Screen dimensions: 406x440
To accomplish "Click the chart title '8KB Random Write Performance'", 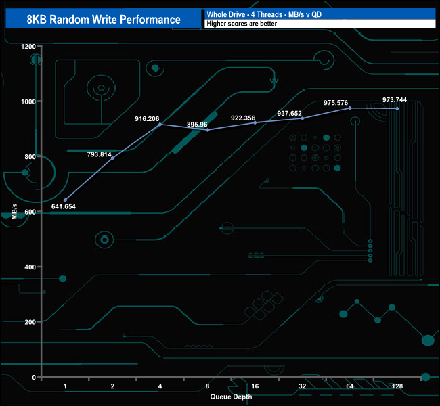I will coord(104,19).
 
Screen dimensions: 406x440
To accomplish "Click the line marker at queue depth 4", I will coord(160,125).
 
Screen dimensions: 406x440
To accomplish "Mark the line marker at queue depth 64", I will coord(350,108).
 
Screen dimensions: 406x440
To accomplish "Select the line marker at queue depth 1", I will coord(65,200).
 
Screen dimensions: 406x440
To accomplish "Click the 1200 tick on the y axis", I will coord(28,47).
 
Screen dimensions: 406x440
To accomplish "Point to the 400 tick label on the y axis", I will coord(30,267).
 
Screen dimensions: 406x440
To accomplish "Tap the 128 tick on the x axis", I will coord(397,387).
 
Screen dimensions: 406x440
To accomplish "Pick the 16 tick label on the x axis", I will coord(255,387).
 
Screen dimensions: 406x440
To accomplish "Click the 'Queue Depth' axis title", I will coord(230,397).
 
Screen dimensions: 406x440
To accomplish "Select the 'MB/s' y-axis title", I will coord(14,211).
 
